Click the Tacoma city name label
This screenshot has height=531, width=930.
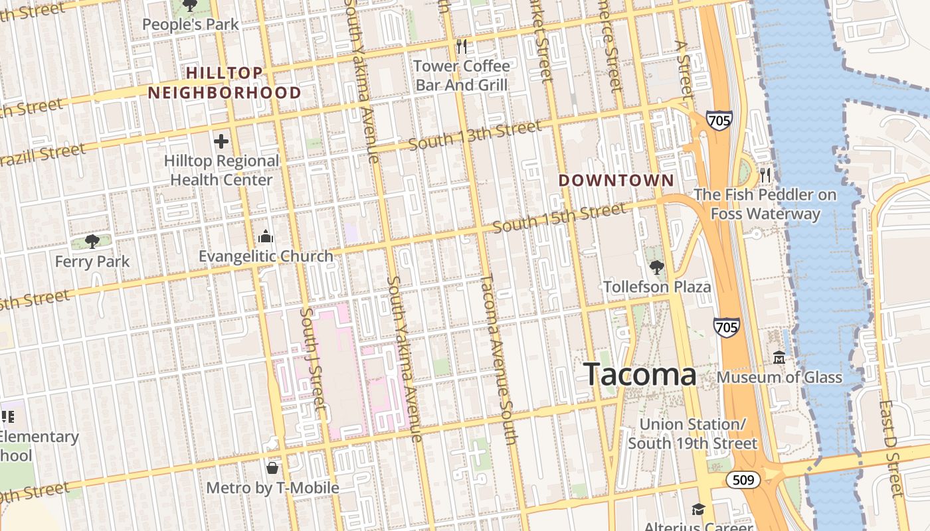coord(640,374)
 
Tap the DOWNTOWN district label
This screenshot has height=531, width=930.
coord(616,181)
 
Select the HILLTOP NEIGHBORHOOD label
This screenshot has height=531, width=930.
coord(225,83)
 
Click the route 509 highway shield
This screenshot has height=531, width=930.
coord(742,479)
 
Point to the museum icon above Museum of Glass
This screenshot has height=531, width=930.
coord(779,358)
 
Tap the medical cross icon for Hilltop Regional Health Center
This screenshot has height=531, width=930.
coord(221,141)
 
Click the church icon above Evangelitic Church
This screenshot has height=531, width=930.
coord(266,237)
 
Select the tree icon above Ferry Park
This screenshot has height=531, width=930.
coord(92,242)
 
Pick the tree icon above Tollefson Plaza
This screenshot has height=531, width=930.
coord(656,267)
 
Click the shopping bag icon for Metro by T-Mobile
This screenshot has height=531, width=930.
coord(272,468)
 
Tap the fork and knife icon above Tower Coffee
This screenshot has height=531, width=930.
coord(462,46)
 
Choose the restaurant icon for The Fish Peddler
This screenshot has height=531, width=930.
coord(765,175)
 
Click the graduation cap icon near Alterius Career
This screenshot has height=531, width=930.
coord(697,509)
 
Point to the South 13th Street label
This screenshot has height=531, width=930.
coord(475,135)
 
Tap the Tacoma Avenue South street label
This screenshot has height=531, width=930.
coord(498,358)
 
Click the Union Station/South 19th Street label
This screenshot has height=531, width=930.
coord(692,433)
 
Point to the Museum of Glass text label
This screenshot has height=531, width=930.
coord(779,378)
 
